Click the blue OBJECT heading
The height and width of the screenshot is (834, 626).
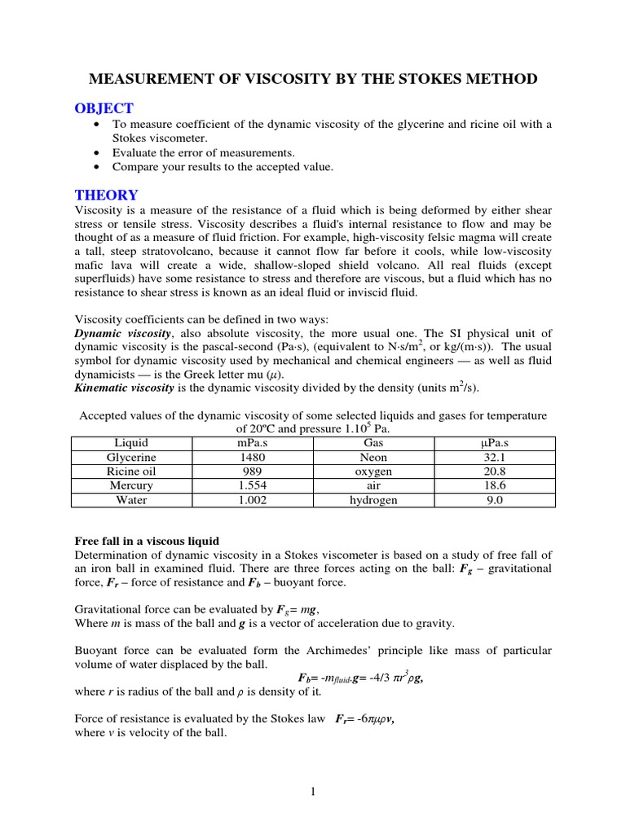click(x=104, y=109)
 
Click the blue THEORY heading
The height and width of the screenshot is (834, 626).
click(x=106, y=195)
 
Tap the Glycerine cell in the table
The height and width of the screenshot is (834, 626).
click(x=130, y=458)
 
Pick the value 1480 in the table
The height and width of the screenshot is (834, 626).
click(x=252, y=458)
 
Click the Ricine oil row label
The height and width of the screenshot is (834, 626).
click(x=130, y=472)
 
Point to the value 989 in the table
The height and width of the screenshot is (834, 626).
click(x=252, y=472)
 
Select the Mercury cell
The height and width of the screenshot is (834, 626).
click(x=130, y=486)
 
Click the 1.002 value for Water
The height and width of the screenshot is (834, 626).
click(x=252, y=500)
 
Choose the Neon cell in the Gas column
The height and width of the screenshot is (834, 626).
click(x=373, y=458)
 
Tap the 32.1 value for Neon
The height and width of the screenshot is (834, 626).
click(x=495, y=458)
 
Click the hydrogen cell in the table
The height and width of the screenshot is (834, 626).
click(x=373, y=500)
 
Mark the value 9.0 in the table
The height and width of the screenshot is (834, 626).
click(x=495, y=500)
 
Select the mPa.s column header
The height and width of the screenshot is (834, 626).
click(x=252, y=443)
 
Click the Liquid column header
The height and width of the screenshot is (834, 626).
click(x=130, y=443)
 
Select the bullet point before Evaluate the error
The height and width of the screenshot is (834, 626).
click(x=98, y=152)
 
